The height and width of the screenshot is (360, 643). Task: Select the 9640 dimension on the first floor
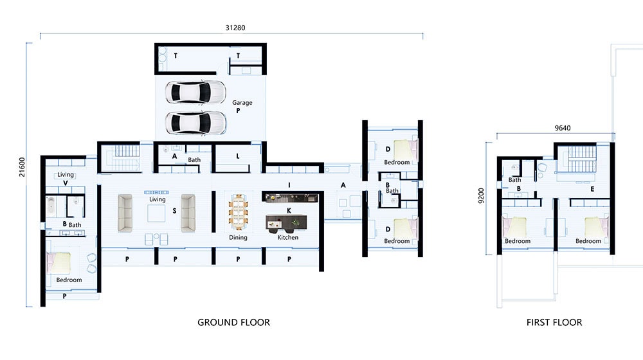(563, 128)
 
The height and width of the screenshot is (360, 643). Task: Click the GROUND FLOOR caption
(233, 322)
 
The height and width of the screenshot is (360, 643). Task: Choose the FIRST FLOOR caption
(553, 322)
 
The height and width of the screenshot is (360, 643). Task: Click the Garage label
(242, 103)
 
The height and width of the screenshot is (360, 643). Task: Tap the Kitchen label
(287, 237)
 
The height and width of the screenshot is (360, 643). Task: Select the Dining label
(238, 237)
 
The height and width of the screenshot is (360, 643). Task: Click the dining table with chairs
(238, 212)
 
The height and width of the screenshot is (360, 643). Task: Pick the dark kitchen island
(287, 222)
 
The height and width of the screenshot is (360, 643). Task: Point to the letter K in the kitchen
(289, 210)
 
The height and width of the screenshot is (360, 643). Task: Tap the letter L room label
(238, 156)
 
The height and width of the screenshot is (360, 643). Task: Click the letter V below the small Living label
(66, 183)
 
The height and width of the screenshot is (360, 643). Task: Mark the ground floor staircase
(125, 158)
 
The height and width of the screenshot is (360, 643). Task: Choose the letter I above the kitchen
(289, 185)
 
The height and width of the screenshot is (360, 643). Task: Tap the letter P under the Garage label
(238, 111)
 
